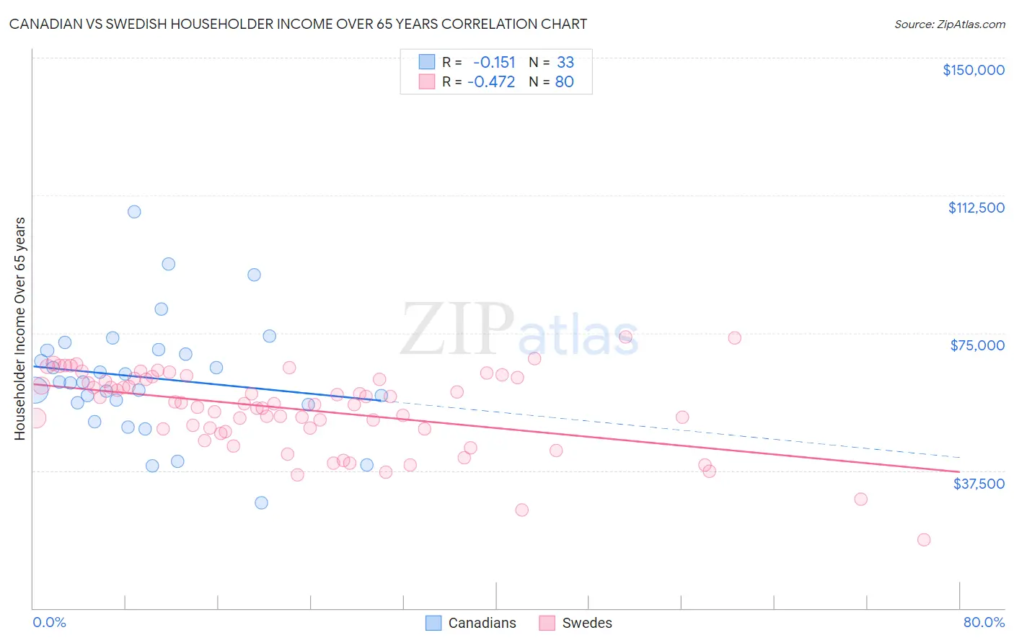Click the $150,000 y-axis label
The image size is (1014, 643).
[x=973, y=70]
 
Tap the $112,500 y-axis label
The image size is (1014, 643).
[x=976, y=208]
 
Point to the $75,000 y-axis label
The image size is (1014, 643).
[x=977, y=345]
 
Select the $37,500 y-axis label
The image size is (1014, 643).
[x=979, y=484]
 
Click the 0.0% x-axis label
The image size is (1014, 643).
[x=49, y=622]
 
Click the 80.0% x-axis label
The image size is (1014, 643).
[x=984, y=622]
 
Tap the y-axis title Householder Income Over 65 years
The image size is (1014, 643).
[x=20, y=328]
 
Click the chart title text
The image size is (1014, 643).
[x=298, y=24]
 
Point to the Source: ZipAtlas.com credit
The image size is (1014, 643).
[x=949, y=24]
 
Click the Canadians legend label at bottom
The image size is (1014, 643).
[x=482, y=623]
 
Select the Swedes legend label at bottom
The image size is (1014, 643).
[x=586, y=623]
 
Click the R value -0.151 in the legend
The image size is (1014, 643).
[x=494, y=62]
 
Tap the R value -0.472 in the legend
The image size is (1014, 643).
[x=491, y=81]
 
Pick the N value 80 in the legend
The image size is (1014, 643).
[x=564, y=81]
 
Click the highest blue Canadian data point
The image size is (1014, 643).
[x=134, y=212]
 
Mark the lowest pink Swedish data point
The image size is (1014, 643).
[x=923, y=540]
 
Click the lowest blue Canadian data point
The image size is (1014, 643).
[x=261, y=502]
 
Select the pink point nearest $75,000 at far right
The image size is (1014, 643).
[x=734, y=338]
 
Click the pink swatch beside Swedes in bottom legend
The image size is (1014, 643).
[x=547, y=623]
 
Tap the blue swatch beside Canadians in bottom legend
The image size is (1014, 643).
[x=433, y=623]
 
